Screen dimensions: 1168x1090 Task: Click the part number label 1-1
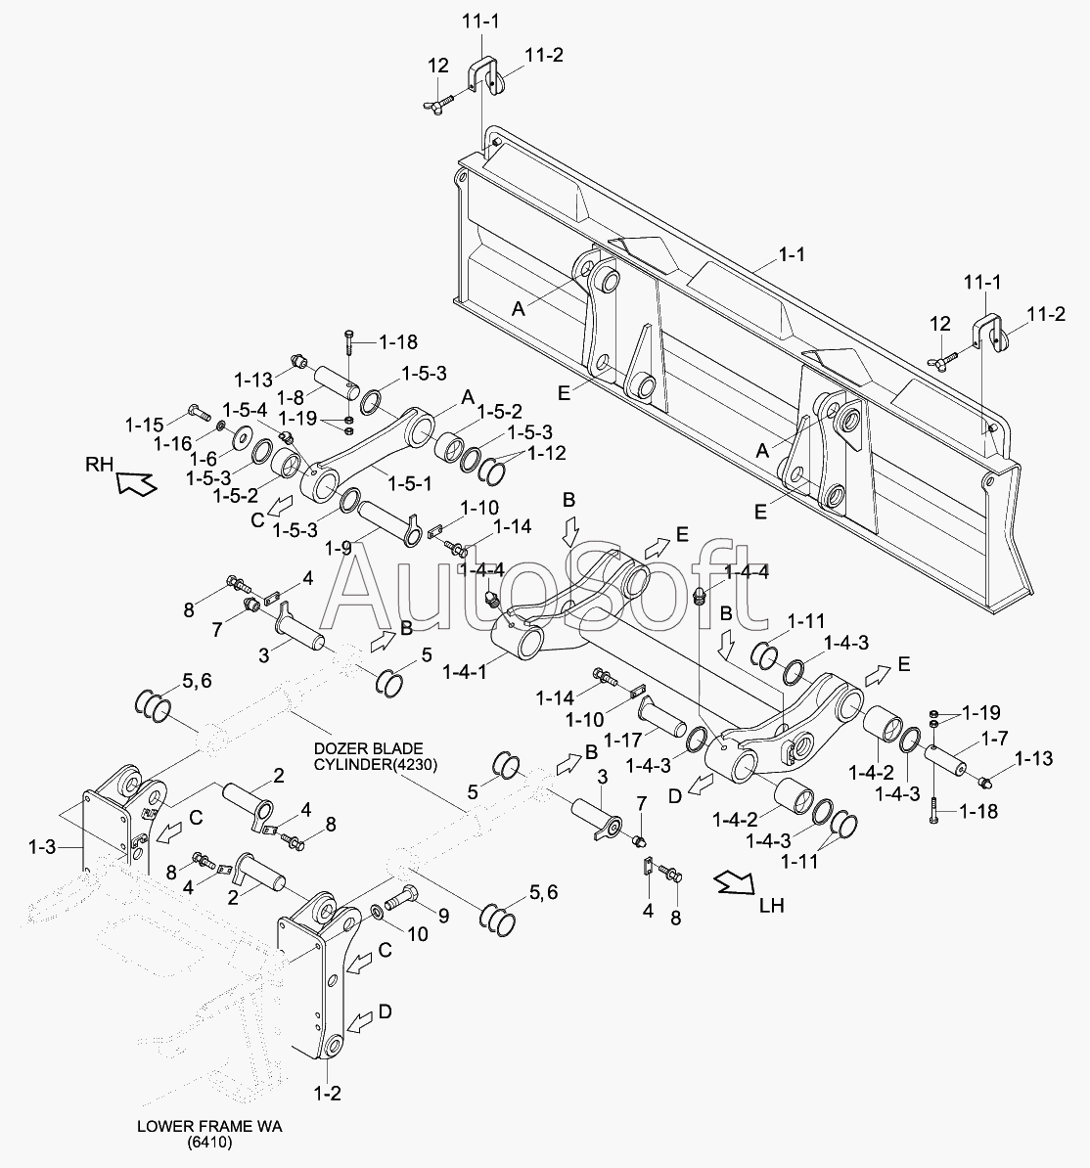(792, 254)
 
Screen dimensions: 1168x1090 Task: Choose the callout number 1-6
(203, 459)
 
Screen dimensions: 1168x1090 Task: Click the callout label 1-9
(338, 548)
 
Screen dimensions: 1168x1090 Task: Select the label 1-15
(144, 424)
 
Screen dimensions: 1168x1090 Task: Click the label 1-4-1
(465, 672)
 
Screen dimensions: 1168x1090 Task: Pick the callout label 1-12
(546, 453)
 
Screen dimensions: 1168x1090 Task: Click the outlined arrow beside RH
(136, 480)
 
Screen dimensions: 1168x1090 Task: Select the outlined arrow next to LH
(733, 883)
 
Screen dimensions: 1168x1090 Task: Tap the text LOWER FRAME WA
(209, 1127)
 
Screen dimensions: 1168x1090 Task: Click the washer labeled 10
(377, 913)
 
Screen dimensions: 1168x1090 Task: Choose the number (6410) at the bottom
(209, 1144)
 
